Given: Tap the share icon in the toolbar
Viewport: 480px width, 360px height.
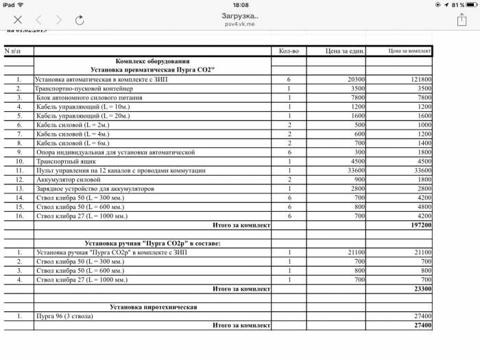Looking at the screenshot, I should (461, 19).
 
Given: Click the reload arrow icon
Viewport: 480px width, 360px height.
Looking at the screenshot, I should (80, 20).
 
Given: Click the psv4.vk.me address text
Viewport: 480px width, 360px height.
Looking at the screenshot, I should (240, 23).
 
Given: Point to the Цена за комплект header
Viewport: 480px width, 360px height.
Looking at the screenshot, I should (409, 51).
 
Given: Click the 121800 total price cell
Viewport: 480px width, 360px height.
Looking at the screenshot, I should (416, 80).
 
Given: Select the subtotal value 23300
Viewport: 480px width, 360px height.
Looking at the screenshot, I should (420, 289).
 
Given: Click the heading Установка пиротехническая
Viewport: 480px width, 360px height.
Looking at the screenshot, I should (154, 307).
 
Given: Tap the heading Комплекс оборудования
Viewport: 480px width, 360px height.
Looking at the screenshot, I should (152, 60).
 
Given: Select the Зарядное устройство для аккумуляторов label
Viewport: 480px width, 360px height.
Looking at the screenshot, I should (93, 188).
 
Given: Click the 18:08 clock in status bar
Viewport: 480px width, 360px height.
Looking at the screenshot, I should (241, 5).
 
